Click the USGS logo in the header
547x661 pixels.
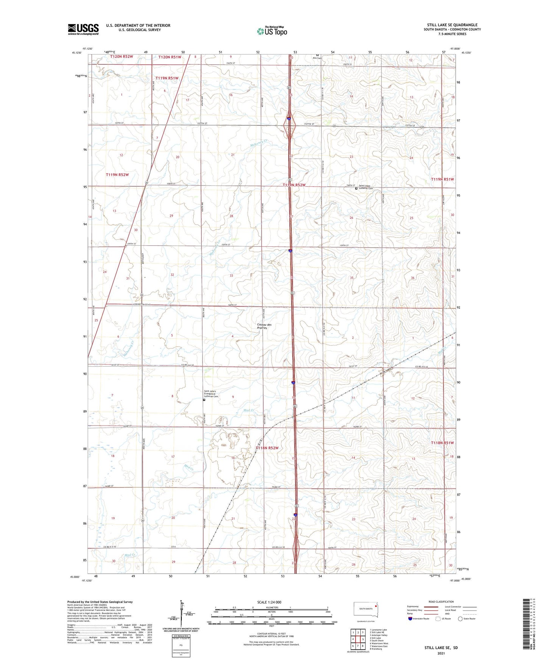click(x=83, y=29)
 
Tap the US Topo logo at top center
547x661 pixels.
click(x=272, y=31)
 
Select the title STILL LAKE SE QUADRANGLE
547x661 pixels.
click(x=452, y=25)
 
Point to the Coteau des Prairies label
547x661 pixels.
click(x=264, y=326)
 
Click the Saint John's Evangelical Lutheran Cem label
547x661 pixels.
click(x=211, y=394)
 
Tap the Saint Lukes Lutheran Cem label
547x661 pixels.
click(x=366, y=187)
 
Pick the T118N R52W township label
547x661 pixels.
click(x=267, y=448)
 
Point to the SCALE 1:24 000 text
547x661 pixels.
click(x=269, y=602)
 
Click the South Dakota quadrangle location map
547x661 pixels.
click(x=366, y=610)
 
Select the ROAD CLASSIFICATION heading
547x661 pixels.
click(x=441, y=602)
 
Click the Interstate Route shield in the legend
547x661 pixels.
click(x=410, y=619)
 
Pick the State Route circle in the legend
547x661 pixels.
click(x=460, y=619)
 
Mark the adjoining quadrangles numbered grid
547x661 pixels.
click(x=358, y=639)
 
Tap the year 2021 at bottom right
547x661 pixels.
click(x=441, y=653)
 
